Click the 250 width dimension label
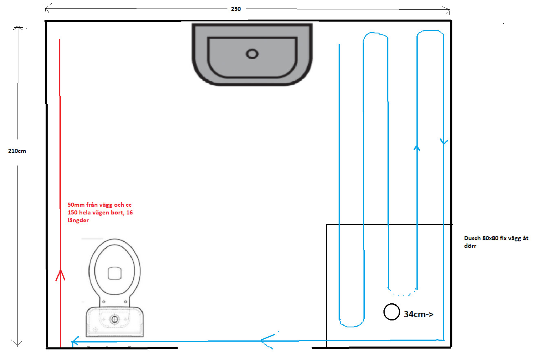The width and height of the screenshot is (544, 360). pos(236,9)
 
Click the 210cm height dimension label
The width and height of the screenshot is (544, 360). pos(17,150)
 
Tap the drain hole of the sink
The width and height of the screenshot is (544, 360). pos(252,53)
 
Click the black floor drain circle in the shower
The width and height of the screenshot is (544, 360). pos(392,312)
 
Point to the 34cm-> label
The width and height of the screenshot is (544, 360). pos(418,314)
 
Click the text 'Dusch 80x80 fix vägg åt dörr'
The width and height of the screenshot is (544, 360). pos(496,242)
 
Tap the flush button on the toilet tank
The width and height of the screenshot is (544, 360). pos(115,319)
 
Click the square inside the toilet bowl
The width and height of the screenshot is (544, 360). pos(115,273)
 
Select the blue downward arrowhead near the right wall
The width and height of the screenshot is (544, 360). pos(444,142)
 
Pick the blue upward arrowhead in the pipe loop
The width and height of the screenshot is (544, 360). pos(416,148)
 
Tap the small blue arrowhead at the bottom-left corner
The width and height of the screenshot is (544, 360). pos(75,342)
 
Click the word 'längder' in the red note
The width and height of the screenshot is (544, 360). pos(78,220)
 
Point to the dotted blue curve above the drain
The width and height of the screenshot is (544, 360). pos(401,292)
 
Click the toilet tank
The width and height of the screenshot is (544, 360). pos(115,322)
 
